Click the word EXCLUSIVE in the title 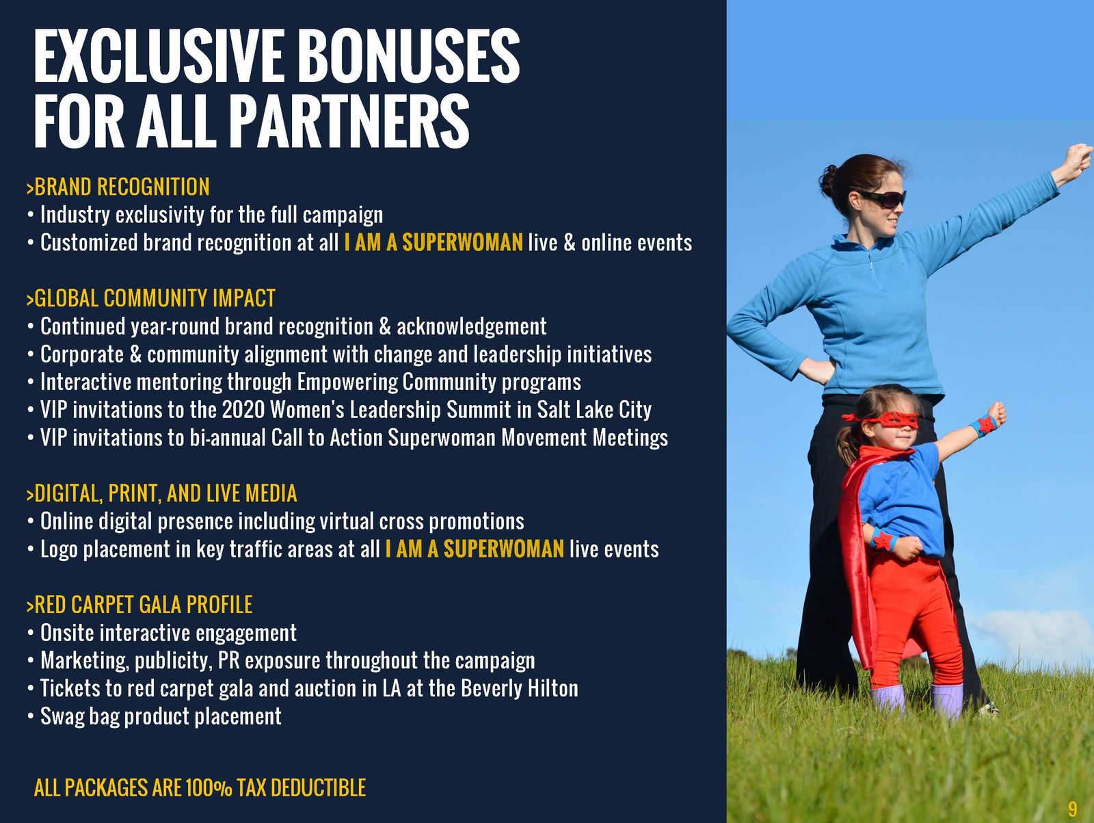pyautogui.click(x=159, y=55)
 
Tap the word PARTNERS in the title pyautogui.click(x=349, y=122)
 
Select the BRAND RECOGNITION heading pyautogui.click(x=118, y=187)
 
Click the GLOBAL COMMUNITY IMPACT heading pyautogui.click(x=151, y=298)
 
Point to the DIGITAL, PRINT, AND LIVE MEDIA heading pyautogui.click(x=162, y=493)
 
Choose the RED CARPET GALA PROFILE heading pyautogui.click(x=139, y=605)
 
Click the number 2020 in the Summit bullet pyautogui.click(x=243, y=410)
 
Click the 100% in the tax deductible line pyautogui.click(x=209, y=788)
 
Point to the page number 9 pyautogui.click(x=1073, y=809)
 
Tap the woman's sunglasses pyautogui.click(x=883, y=198)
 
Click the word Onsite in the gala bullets pyautogui.click(x=68, y=633)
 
